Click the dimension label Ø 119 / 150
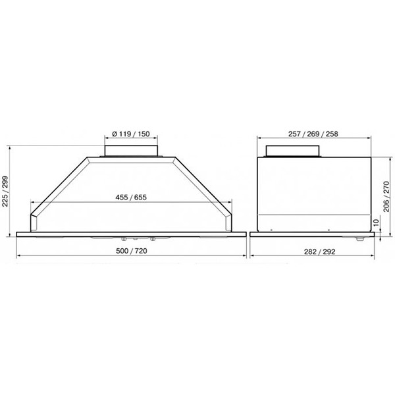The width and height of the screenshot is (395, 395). [x=131, y=134]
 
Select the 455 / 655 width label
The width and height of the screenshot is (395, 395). [x=131, y=197]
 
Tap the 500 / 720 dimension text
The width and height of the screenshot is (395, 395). [x=132, y=251]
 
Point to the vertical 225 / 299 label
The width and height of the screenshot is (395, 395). [x=5, y=191]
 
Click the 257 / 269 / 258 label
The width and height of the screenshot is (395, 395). [x=313, y=134]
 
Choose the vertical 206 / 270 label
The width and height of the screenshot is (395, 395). [x=386, y=196]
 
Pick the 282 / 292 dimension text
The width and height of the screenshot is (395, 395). [x=320, y=251]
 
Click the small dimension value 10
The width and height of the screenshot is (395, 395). [x=376, y=223]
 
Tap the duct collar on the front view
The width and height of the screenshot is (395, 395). [x=131, y=151]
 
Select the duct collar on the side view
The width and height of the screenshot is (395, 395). [x=292, y=151]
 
